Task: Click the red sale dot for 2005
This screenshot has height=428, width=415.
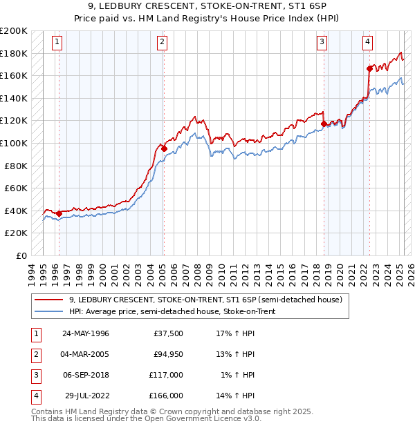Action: (164, 148)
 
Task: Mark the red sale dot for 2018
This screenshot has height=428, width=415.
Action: (324, 124)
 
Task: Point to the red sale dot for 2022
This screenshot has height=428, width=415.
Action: (369, 68)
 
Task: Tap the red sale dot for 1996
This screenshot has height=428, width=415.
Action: (59, 213)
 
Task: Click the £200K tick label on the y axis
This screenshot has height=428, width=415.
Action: (14, 31)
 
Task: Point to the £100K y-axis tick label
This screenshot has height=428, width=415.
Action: (14, 143)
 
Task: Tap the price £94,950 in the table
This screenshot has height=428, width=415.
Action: (168, 355)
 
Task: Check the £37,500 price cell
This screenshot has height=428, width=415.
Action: (168, 334)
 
